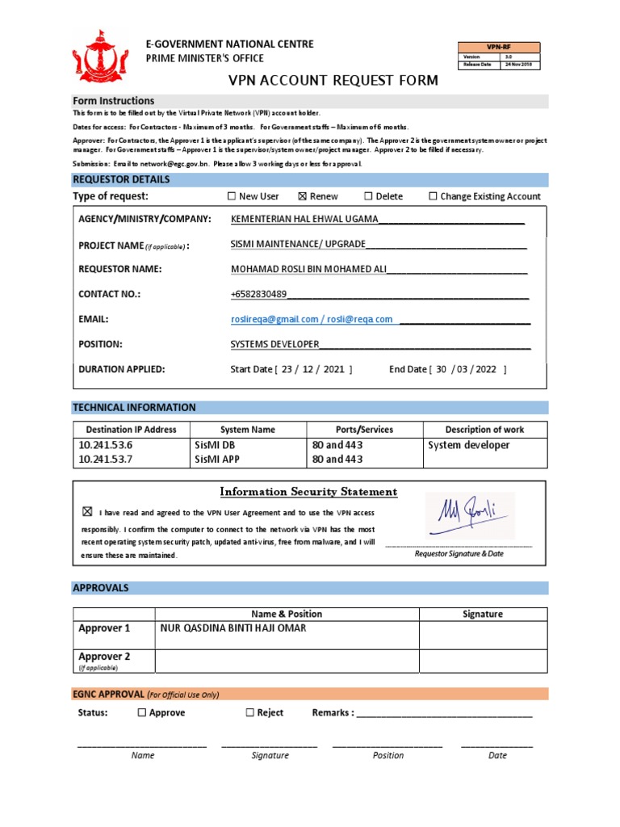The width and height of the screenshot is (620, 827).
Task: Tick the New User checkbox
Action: pyautogui.click(x=232, y=196)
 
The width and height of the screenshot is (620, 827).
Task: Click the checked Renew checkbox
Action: pyautogui.click(x=303, y=196)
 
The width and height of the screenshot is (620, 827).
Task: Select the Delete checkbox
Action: pyautogui.click(x=368, y=196)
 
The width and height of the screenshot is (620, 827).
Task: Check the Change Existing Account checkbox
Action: pyautogui.click(x=433, y=196)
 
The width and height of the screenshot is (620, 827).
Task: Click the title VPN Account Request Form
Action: pyautogui.click(x=333, y=80)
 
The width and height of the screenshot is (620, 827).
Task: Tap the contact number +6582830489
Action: pyautogui.click(x=258, y=294)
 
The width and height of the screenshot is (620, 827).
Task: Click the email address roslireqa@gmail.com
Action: pyautogui.click(x=274, y=319)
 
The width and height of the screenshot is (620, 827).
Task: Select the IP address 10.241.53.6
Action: pyautogui.click(x=105, y=445)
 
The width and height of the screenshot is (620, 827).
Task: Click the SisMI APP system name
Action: pyautogui.click(x=217, y=460)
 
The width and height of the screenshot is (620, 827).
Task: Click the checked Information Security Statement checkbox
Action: pyautogui.click(x=87, y=512)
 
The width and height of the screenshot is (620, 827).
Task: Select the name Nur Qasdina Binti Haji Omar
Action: pyautogui.click(x=233, y=628)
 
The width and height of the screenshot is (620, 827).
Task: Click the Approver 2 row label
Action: pyautogui.click(x=104, y=657)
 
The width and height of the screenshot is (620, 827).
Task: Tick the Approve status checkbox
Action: pyautogui.click(x=142, y=712)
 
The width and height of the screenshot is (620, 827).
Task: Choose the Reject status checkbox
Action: pyautogui.click(x=250, y=712)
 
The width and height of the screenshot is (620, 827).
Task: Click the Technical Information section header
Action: pyautogui.click(x=135, y=407)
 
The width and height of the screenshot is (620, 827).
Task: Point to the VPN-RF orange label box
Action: pyautogui.click(x=500, y=47)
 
